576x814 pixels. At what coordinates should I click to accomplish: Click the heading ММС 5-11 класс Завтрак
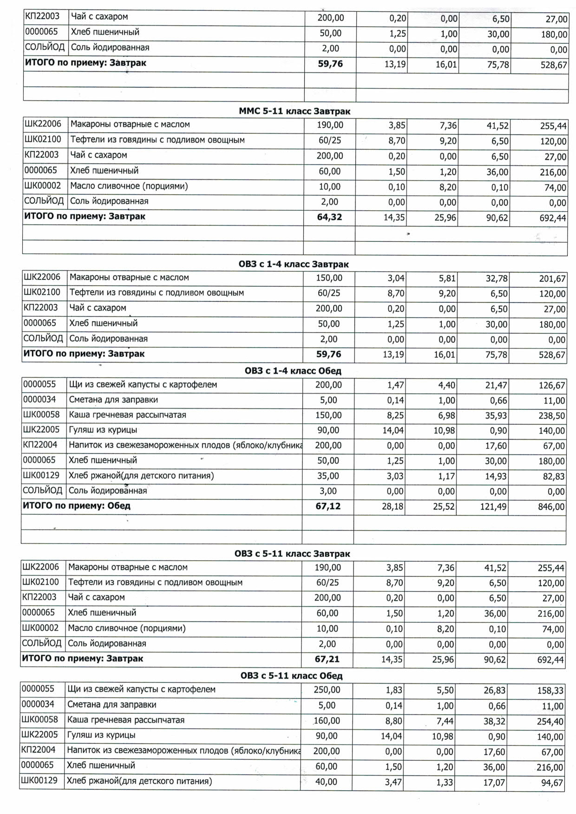(295, 111)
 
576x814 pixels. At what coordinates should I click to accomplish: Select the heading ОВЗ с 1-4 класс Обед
(293, 371)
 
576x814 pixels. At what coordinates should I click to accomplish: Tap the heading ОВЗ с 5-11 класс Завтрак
(292, 554)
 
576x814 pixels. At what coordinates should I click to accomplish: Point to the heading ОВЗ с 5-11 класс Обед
(291, 676)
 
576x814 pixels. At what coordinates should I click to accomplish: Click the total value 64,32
(329, 217)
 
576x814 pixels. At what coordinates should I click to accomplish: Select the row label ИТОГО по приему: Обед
(77, 506)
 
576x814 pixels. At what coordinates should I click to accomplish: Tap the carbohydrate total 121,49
(493, 507)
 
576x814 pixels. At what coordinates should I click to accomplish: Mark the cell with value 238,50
(552, 416)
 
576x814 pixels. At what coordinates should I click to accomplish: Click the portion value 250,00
(327, 690)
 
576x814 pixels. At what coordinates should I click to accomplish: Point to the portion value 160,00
(327, 721)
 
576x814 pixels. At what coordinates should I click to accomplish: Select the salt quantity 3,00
(328, 491)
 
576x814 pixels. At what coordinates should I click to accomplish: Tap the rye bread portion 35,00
(328, 476)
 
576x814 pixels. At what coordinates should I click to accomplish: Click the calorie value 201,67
(552, 279)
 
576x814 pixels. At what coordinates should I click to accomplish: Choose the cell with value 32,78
(496, 279)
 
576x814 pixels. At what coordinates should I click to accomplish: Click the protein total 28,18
(393, 507)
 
